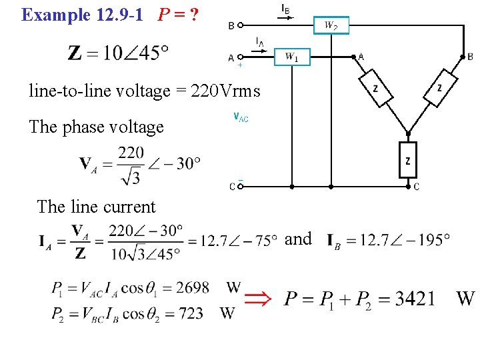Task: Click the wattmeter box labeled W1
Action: tap(292, 57)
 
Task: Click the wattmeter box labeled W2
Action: tap(331, 26)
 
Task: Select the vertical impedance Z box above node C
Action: tap(407, 160)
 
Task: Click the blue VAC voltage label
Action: tap(241, 117)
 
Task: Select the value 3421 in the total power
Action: tap(414, 298)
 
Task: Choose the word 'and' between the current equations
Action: tap(298, 239)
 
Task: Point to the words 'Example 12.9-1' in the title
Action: tap(82, 15)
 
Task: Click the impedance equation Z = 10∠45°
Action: tap(118, 53)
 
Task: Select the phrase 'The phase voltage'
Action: tap(96, 127)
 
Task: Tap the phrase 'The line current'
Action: tap(96, 207)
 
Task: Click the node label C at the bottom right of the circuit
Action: tap(417, 187)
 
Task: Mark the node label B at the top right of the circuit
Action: tap(470, 57)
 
